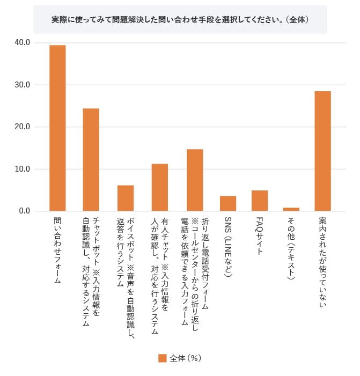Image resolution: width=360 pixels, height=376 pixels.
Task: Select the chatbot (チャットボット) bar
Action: point(91,159)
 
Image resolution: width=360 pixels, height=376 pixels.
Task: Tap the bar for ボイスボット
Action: point(126,198)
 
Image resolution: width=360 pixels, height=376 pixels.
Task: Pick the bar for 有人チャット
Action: point(159,187)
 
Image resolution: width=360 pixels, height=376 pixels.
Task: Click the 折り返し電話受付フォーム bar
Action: point(195,180)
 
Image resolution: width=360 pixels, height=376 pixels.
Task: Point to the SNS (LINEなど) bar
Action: point(228,203)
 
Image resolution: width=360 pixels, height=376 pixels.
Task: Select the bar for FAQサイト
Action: point(260,201)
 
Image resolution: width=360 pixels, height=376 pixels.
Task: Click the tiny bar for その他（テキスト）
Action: point(291,209)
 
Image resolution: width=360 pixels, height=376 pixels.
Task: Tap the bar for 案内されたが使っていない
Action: point(322,151)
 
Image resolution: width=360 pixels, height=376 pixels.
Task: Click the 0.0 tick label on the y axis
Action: point(27,211)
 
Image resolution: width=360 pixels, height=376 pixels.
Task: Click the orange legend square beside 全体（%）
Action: point(162,358)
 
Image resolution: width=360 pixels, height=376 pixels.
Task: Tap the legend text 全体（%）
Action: point(186,358)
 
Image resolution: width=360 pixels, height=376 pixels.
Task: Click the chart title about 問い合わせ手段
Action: point(180,19)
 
